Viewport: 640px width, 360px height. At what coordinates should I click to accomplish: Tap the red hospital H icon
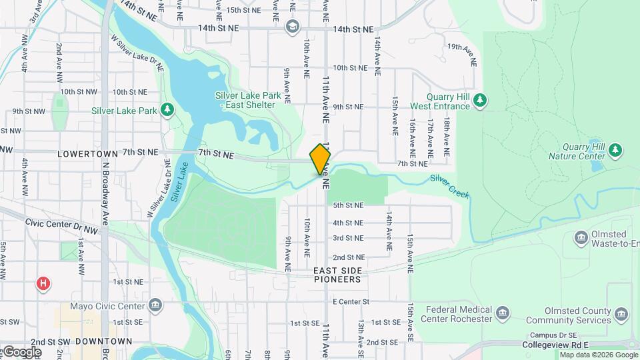pos(43,284)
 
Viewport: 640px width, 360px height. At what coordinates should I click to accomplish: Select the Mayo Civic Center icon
pos(155,306)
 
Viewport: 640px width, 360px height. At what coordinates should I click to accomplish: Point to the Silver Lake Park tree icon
pos(167,110)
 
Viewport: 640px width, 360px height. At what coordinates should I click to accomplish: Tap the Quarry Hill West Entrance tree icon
pos(480,101)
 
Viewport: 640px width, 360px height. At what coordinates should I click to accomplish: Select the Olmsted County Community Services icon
pos(621,313)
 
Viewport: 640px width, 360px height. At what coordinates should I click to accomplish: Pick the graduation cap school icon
pos(292,27)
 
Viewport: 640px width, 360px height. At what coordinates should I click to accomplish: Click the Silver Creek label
pos(449,187)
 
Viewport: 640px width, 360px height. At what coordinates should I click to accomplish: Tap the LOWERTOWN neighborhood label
pos(87,153)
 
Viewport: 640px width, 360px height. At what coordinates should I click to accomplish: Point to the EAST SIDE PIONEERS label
pos(338,275)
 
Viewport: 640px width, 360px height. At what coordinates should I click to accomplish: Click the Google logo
pos(21,352)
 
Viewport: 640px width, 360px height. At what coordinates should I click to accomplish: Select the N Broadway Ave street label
pos(105,193)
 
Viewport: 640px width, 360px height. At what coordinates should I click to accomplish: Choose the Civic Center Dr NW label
pos(62,226)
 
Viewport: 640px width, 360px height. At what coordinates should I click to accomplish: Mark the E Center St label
pos(351,302)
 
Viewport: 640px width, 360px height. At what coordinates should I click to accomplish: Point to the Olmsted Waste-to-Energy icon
pos(581,237)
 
